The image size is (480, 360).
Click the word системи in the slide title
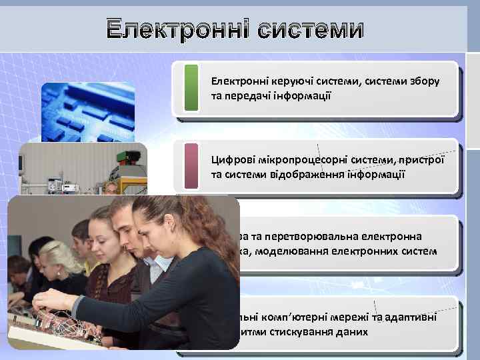311,30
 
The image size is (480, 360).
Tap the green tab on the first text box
191,87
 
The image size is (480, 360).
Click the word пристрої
424,159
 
